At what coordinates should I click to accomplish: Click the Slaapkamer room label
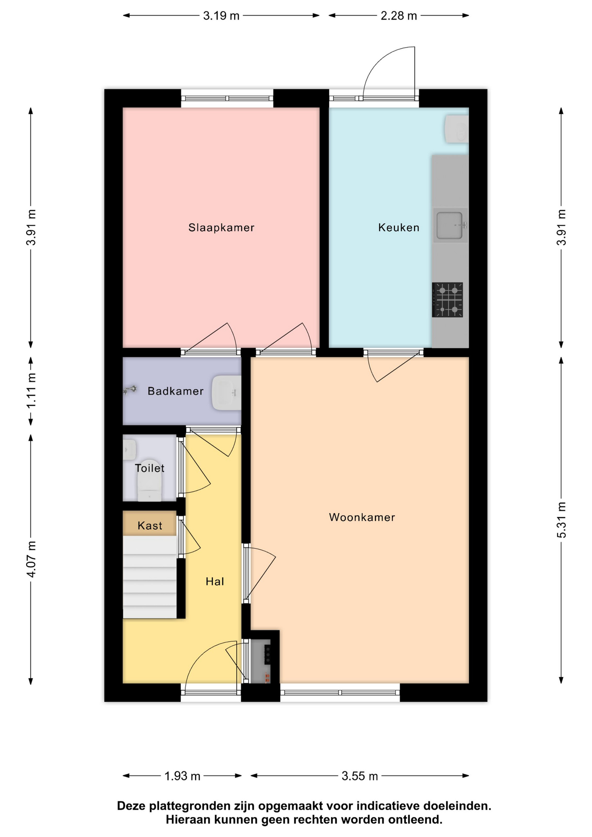coord(221,228)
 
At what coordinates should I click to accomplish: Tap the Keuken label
coord(398,228)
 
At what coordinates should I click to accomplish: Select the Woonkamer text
coord(362,517)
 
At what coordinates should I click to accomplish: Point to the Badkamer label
coord(175,391)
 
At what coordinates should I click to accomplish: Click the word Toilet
coord(150,468)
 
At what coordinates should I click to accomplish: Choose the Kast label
coord(150,526)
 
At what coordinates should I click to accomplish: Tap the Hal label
coord(215,582)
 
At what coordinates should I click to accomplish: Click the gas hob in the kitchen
coord(447,300)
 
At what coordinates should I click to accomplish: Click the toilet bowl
coord(150,480)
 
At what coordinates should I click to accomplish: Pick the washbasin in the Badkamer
coord(226,393)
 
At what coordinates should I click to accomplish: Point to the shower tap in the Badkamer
coord(130,390)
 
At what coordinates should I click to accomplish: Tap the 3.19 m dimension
coord(221,16)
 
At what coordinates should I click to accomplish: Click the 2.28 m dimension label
coord(398,16)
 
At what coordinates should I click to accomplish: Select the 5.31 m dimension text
coord(561,520)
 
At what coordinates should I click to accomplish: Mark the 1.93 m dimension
coord(182,776)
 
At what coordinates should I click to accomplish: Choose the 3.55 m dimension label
coord(360,776)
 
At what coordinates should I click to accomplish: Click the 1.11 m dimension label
coord(31,391)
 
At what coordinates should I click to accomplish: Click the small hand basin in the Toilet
coord(129,449)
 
